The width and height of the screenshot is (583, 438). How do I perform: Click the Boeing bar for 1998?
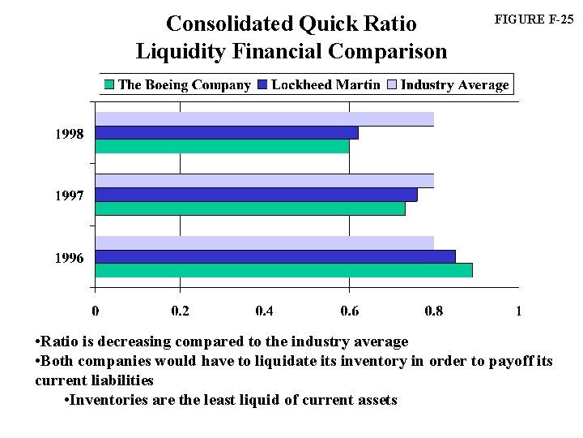223,147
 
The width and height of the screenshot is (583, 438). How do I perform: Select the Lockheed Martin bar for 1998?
227,133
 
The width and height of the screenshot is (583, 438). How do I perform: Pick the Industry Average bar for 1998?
265,119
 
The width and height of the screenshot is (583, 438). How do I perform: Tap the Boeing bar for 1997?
250,208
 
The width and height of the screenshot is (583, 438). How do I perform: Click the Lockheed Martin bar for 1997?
257,195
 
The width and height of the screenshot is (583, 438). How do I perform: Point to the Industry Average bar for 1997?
265,181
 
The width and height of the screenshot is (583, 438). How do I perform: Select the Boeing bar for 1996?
283,270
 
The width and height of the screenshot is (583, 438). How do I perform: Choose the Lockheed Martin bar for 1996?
275,256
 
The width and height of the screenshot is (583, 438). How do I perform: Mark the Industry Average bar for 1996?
265,243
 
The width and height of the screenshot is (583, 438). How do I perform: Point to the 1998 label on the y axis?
69,135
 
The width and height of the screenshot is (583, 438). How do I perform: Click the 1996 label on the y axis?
69,258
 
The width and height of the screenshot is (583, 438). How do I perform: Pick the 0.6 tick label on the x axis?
349,311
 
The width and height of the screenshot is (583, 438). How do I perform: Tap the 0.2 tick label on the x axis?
180,311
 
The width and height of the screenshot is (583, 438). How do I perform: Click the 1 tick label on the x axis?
518,311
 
